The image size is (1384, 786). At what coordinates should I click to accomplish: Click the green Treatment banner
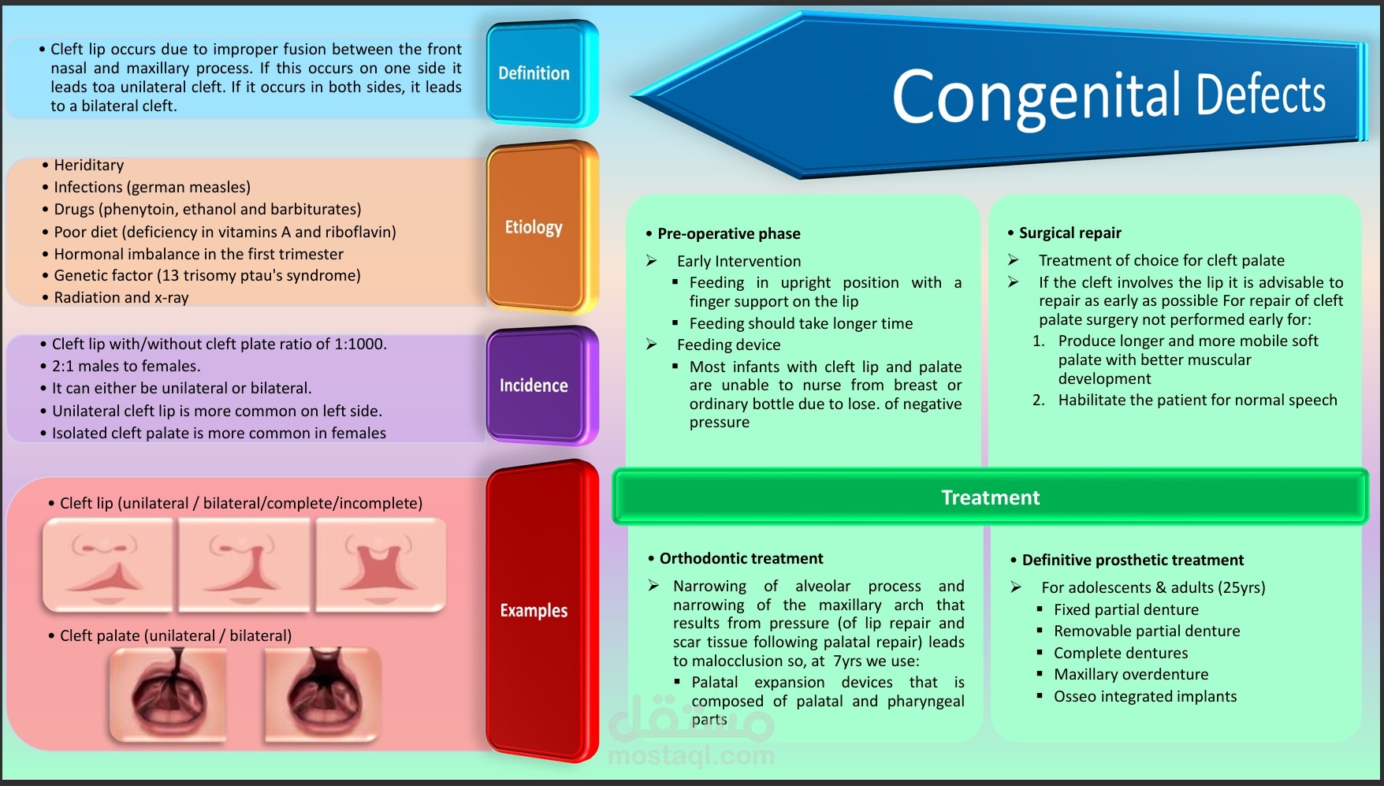pyautogui.click(x=990, y=497)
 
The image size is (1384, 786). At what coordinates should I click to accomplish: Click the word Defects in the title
pyautogui.click(x=1261, y=95)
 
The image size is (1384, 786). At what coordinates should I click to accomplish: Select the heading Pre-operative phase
pyautogui.click(x=728, y=233)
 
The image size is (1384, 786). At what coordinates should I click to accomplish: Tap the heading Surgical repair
pyautogui.click(x=1070, y=233)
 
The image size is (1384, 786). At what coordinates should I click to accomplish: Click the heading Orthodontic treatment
pyautogui.click(x=741, y=558)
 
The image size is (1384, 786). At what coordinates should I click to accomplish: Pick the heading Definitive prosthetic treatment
pyautogui.click(x=1133, y=560)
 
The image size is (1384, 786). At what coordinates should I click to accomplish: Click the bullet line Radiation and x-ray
pyautogui.click(x=121, y=297)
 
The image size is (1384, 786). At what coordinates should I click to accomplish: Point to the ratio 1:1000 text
pyautogui.click(x=359, y=344)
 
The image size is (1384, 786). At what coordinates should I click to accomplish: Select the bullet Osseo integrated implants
pyautogui.click(x=1144, y=696)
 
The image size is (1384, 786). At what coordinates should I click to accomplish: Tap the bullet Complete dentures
pyautogui.click(x=1120, y=653)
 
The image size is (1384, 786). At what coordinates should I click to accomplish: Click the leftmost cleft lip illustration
pyautogui.click(x=108, y=564)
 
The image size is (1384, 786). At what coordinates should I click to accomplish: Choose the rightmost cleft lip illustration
pyautogui.click(x=381, y=564)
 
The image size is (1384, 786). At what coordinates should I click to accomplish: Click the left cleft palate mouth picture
pyautogui.click(x=168, y=694)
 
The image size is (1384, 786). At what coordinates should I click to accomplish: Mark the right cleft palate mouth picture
pyautogui.click(x=323, y=694)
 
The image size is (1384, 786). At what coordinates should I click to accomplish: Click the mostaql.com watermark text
pyautogui.click(x=691, y=755)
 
